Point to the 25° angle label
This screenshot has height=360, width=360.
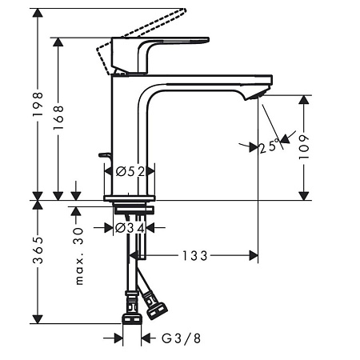click(269, 146)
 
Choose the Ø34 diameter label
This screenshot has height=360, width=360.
click(130, 228)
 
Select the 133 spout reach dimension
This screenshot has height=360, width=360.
click(194, 256)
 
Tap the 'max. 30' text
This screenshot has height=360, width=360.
click(79, 257)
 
